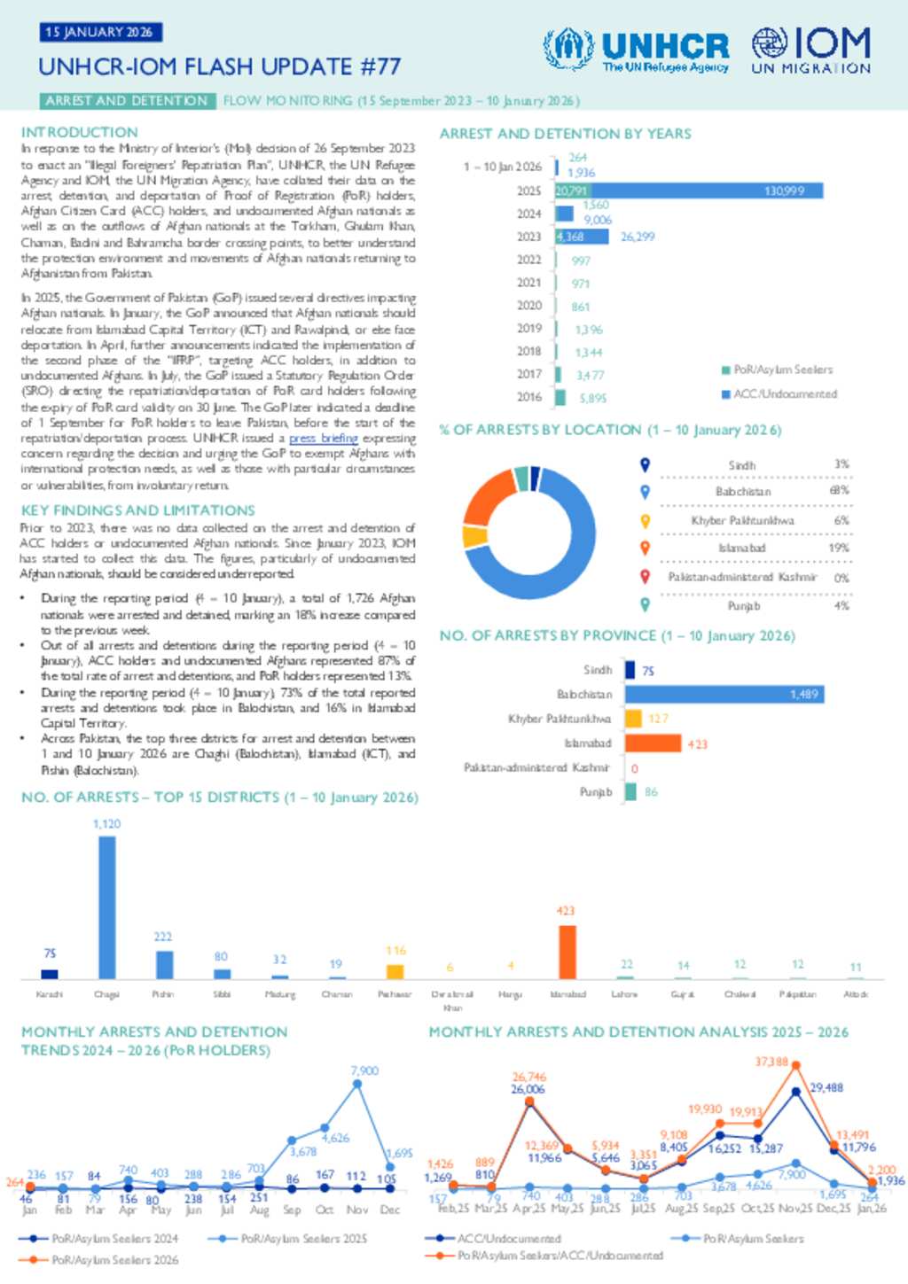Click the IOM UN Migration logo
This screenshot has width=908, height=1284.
810,50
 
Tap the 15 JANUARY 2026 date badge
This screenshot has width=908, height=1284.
99,32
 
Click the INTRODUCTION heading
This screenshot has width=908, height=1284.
80,132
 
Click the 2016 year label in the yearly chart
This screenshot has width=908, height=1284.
529,397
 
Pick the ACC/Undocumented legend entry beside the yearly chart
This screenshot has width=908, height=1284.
779,393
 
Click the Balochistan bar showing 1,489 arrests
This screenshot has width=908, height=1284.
724,694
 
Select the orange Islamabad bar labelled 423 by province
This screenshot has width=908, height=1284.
654,743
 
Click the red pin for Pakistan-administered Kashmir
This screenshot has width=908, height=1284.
646,577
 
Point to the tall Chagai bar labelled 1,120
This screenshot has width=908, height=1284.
106,907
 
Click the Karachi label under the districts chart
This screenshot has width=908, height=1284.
50,994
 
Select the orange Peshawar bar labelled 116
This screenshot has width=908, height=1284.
395,971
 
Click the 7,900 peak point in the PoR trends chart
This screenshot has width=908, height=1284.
357,1083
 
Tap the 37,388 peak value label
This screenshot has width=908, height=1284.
771,1062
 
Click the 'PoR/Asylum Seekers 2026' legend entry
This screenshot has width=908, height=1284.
114,1259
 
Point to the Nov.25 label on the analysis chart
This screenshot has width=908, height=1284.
795,1208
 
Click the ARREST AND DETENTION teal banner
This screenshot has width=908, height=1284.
127,101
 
